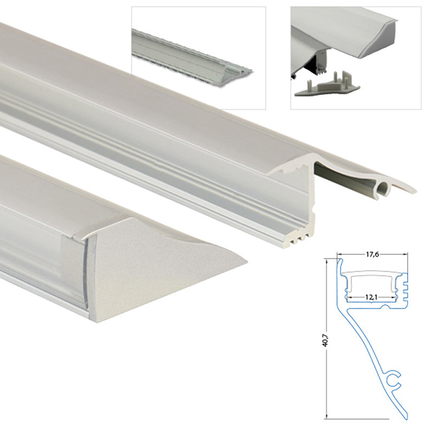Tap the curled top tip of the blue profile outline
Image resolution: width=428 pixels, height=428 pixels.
[339, 261]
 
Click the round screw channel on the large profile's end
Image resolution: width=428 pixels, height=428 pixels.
[383, 189]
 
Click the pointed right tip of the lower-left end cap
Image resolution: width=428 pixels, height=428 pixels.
[245, 262]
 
